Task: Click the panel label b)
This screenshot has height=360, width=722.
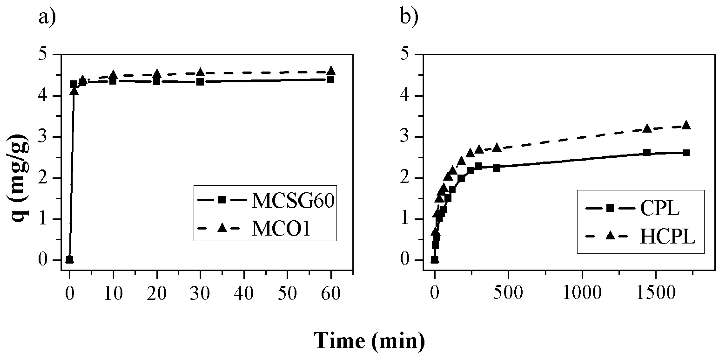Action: click(x=409, y=17)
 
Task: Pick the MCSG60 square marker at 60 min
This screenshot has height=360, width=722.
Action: click(x=331, y=80)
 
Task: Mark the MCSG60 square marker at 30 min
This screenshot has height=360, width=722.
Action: click(x=200, y=82)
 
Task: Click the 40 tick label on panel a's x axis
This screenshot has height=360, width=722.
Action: click(x=244, y=293)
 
